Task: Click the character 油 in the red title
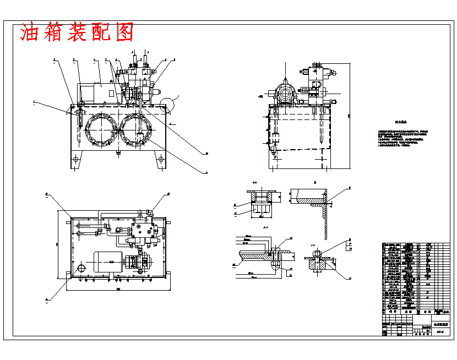click(x=31, y=33)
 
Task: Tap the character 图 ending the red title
click(x=124, y=33)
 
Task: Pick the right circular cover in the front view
click(x=139, y=130)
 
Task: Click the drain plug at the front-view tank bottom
click(x=118, y=153)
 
